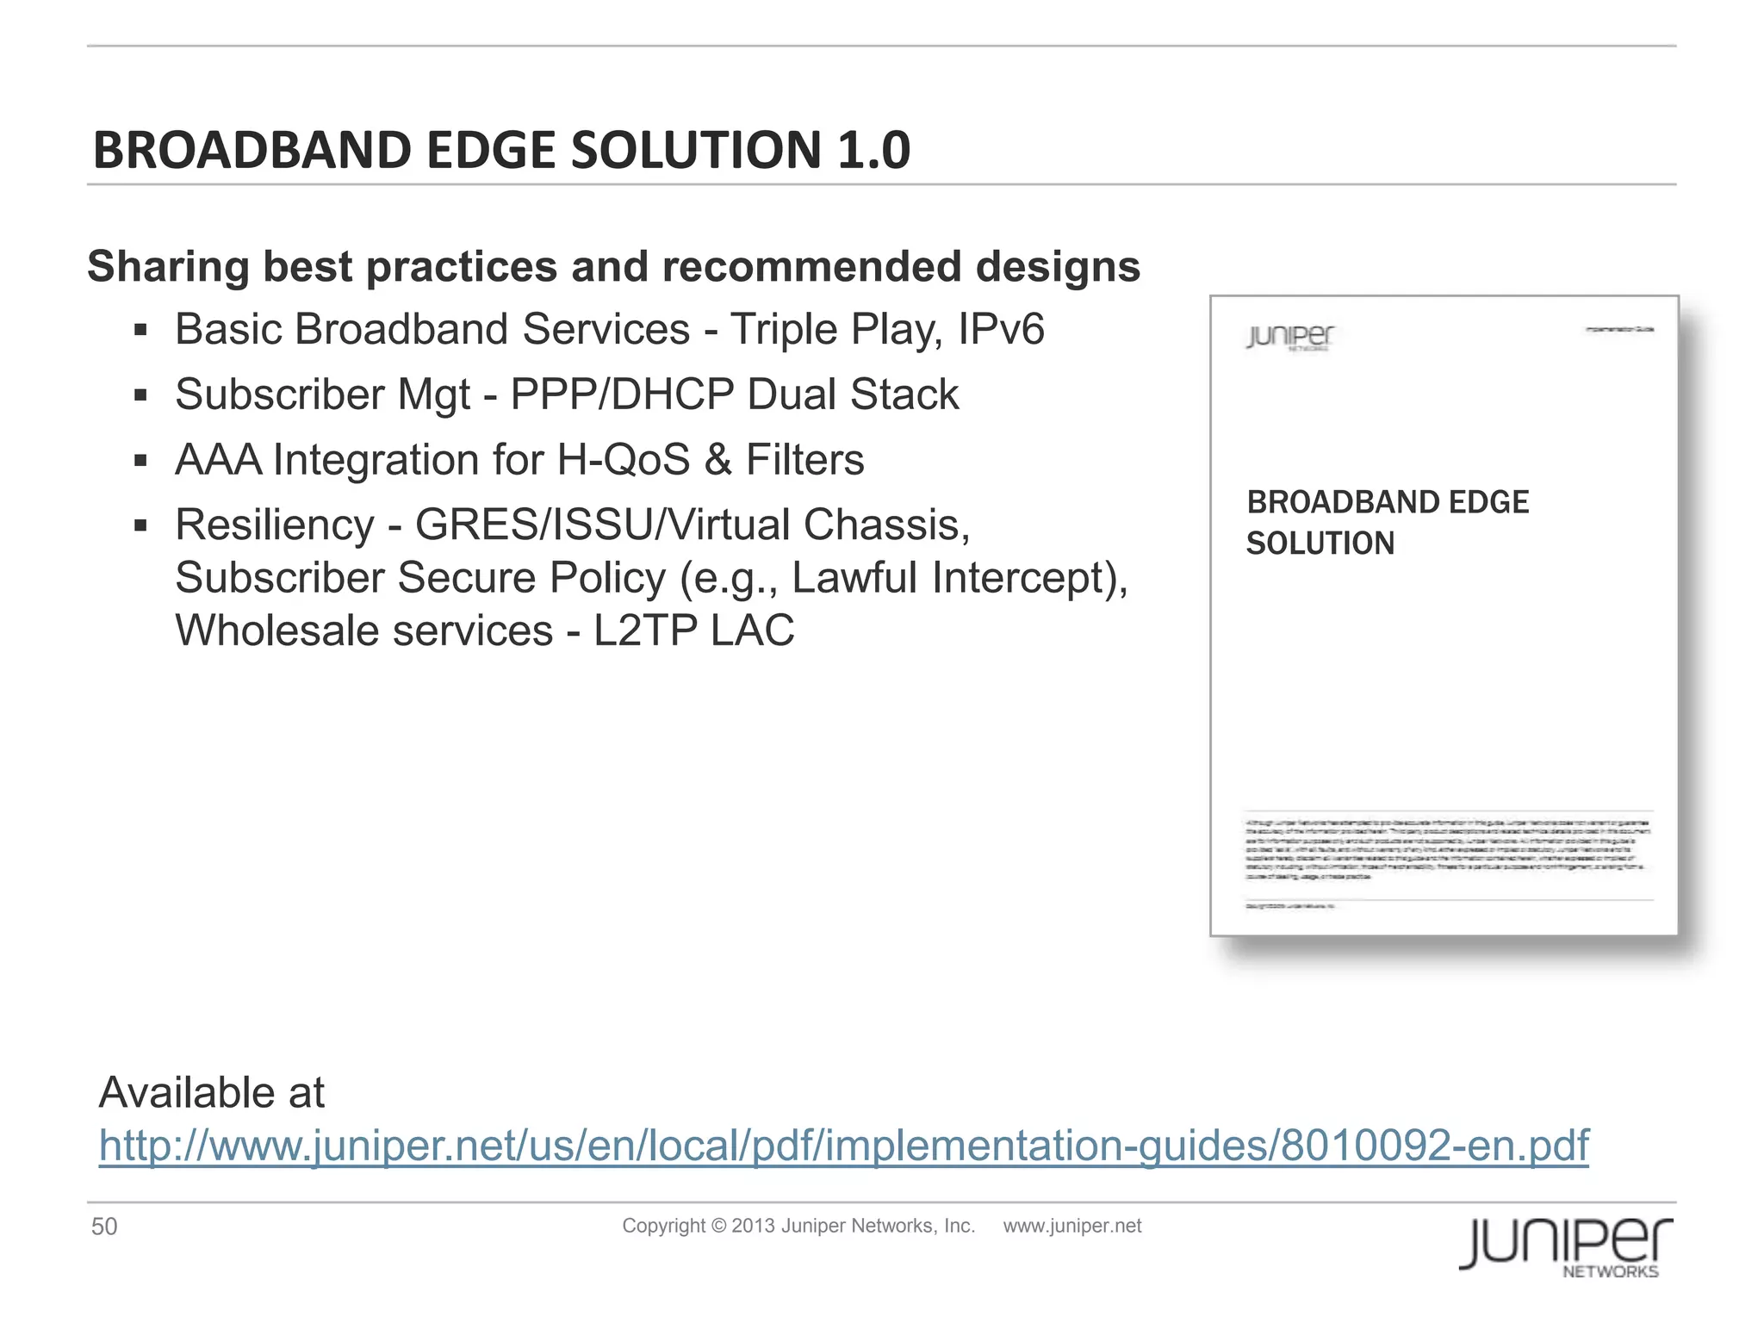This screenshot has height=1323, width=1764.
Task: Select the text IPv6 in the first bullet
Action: [1001, 329]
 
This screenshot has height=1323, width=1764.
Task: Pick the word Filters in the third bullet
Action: [804, 459]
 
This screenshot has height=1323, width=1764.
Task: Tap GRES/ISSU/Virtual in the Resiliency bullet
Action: [602, 525]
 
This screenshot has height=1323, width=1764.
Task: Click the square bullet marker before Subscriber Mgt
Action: [141, 395]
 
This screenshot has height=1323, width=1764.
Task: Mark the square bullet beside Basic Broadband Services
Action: [141, 330]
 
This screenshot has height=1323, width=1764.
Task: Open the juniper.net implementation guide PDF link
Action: [843, 1146]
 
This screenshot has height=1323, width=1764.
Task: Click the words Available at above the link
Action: [212, 1092]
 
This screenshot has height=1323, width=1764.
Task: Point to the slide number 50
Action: [104, 1227]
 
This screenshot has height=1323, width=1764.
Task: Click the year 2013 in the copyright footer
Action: [753, 1226]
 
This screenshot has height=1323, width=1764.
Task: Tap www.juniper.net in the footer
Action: [1071, 1226]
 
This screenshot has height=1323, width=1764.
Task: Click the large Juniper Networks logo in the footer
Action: [1566, 1245]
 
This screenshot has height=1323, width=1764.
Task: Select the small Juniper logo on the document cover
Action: [1289, 337]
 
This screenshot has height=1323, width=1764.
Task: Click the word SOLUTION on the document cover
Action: [1320, 543]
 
